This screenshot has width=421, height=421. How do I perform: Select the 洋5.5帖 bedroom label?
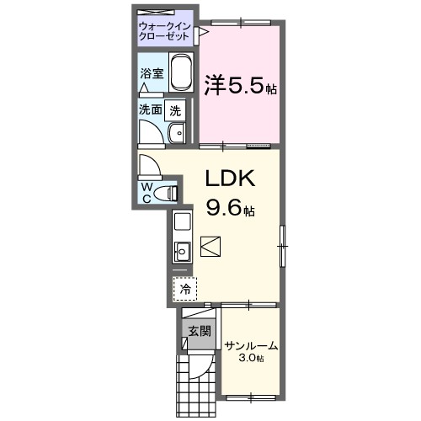tap(240, 85)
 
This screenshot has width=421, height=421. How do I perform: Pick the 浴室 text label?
tap(152, 73)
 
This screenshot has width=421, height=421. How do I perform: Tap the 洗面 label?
tap(151, 109)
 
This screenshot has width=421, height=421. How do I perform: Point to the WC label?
tap(147, 192)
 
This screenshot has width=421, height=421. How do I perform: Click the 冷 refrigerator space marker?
tap(184, 288)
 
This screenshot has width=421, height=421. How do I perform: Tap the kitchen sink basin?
tap(183, 250)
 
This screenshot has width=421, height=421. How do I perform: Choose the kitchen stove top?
tap(183, 223)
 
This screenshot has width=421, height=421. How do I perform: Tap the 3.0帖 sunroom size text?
tap(251, 359)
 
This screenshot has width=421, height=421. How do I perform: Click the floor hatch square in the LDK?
tap(210, 247)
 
